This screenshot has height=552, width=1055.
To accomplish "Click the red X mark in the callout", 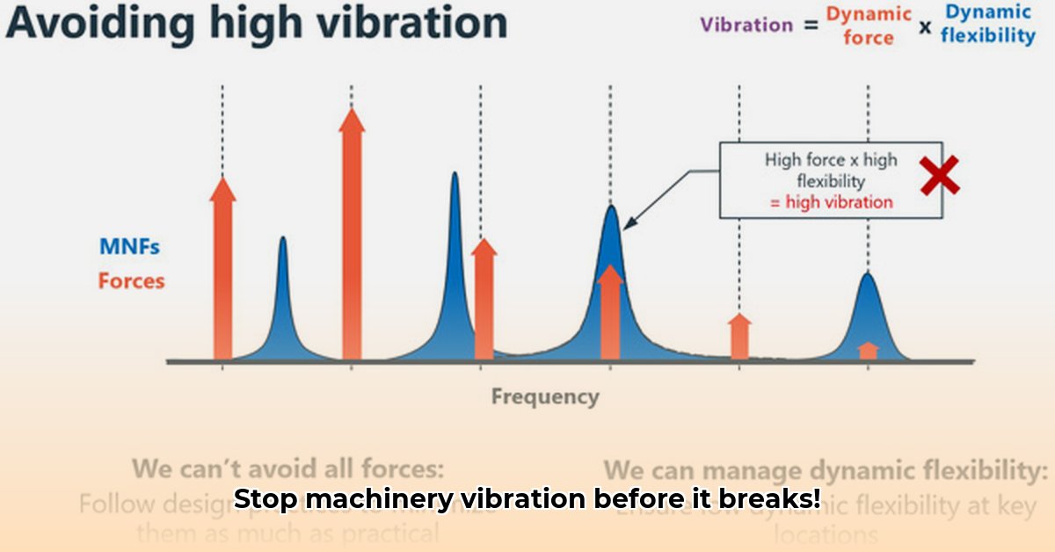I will click(939, 176).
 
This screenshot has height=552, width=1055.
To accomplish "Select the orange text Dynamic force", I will click(869, 25).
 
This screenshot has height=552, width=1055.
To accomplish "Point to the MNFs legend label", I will click(129, 247).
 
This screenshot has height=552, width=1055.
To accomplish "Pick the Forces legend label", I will click(131, 281).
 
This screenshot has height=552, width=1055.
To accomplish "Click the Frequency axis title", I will click(545, 396).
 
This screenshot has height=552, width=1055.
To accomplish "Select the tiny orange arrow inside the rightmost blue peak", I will click(868, 350).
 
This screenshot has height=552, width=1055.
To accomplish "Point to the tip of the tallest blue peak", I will click(455, 175).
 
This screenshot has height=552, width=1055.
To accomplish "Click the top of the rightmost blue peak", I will click(868, 275).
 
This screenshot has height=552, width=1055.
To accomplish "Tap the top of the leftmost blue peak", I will click(283, 239).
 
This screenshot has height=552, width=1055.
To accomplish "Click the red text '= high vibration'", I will click(831, 202).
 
